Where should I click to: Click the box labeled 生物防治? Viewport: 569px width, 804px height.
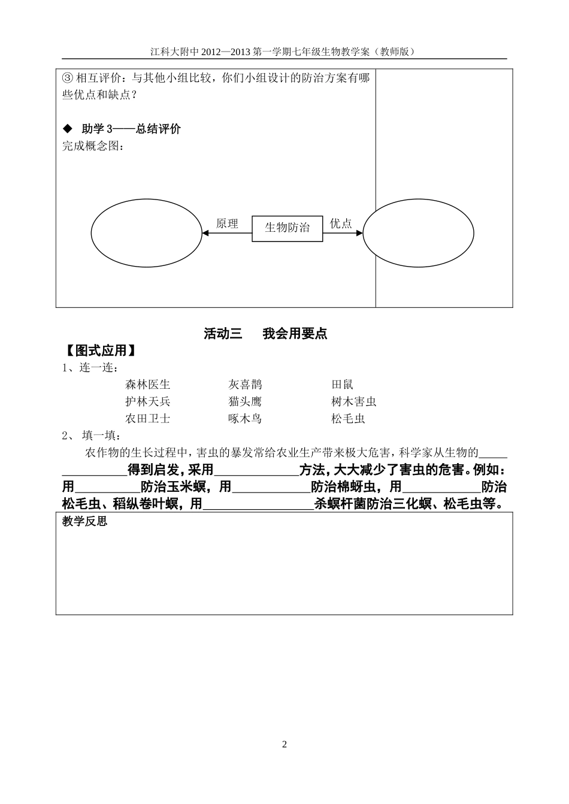(287, 228)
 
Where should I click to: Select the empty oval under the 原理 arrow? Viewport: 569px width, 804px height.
(146, 232)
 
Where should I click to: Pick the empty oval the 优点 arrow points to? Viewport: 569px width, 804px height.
(418, 232)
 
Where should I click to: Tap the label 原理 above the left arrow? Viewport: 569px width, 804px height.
(227, 223)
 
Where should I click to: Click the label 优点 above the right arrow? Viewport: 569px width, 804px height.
(341, 223)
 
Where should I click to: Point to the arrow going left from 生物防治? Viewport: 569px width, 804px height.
(227, 233)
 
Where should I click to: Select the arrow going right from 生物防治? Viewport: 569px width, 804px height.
(343, 233)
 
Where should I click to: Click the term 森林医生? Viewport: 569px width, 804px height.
(148, 385)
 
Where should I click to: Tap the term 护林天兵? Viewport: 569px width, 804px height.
(148, 401)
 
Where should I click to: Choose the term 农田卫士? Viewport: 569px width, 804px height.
(148, 419)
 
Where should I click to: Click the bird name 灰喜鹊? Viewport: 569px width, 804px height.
(245, 385)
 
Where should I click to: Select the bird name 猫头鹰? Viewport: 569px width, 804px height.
(245, 401)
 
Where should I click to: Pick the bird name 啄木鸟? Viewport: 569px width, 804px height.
(245, 419)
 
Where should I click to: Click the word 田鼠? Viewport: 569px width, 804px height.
(342, 385)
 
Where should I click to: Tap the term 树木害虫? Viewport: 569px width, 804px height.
(353, 401)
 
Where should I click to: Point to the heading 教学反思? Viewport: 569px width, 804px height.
(84, 521)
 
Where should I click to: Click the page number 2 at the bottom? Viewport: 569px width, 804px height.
(284, 744)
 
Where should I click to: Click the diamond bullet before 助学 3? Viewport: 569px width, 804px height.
(67, 129)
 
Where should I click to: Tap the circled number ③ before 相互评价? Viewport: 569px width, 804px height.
(67, 78)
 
